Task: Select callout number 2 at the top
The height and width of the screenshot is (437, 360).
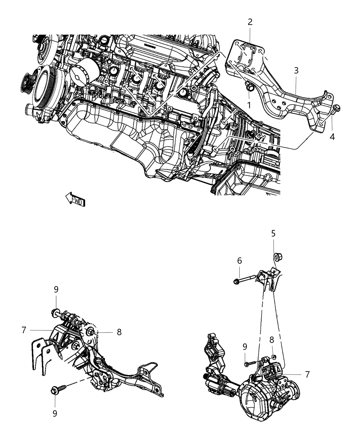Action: click(250, 22)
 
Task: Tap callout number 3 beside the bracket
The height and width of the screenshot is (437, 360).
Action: click(296, 71)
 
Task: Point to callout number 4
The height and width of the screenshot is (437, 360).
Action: click(332, 137)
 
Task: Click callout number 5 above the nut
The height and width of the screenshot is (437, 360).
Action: click(273, 234)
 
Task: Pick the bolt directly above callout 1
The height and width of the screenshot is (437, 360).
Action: click(249, 88)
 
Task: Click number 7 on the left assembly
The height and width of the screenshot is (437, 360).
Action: click(24, 330)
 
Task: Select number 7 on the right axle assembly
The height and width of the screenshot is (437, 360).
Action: click(307, 375)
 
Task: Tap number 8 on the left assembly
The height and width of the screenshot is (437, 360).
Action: click(119, 332)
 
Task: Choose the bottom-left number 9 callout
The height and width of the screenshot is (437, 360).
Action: click(55, 413)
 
